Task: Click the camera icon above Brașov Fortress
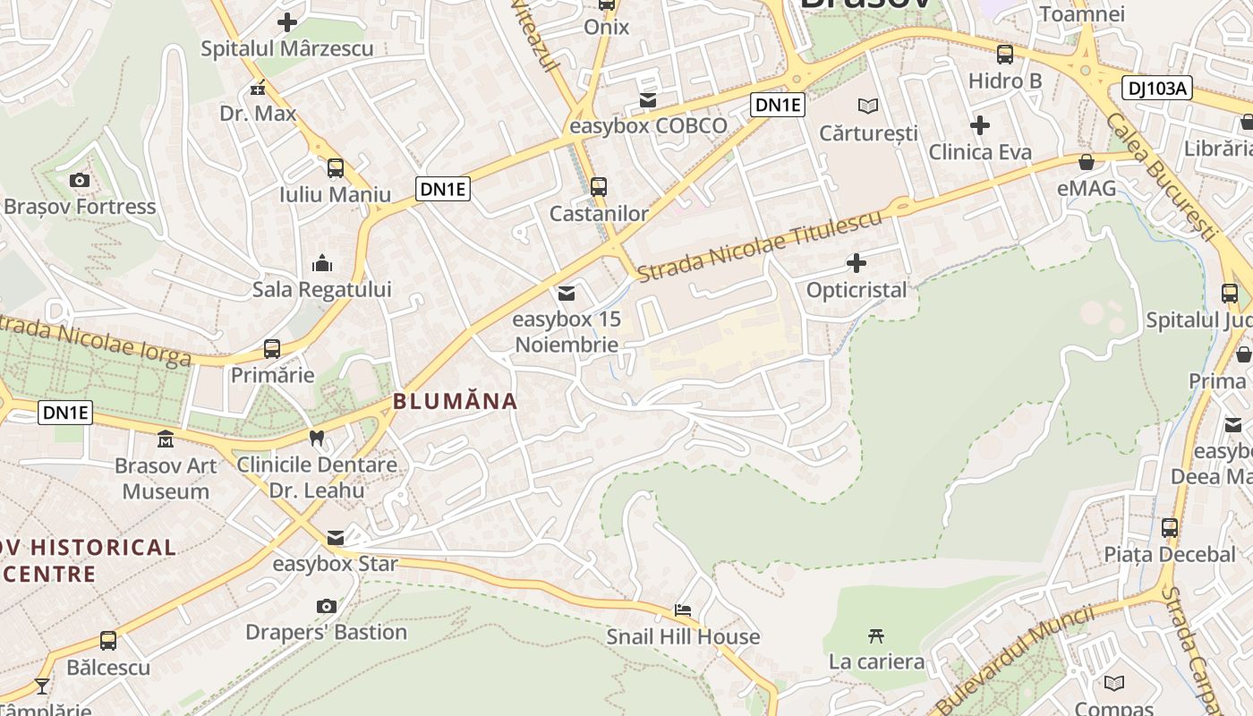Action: [x=79, y=181]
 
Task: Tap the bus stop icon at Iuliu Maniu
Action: [x=336, y=167]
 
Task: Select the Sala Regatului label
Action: [x=321, y=289]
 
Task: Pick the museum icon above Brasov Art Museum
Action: [x=166, y=439]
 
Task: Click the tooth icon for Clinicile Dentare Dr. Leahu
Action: [x=316, y=439]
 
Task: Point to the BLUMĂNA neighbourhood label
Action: [x=456, y=401]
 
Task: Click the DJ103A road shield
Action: [x=1157, y=88]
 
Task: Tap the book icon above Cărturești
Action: [x=868, y=107]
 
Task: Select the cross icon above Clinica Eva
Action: [x=980, y=125]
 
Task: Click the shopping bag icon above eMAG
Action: [x=1087, y=162]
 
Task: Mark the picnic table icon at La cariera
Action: [x=876, y=636]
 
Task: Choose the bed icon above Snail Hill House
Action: [x=683, y=610]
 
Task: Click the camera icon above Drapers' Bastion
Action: [x=327, y=606]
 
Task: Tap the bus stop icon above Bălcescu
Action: [x=108, y=641]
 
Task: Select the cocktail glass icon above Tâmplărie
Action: [x=42, y=686]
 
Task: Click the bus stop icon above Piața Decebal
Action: [x=1170, y=528]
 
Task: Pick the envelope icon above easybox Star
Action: [x=336, y=538]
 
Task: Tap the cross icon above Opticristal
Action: [x=857, y=263]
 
